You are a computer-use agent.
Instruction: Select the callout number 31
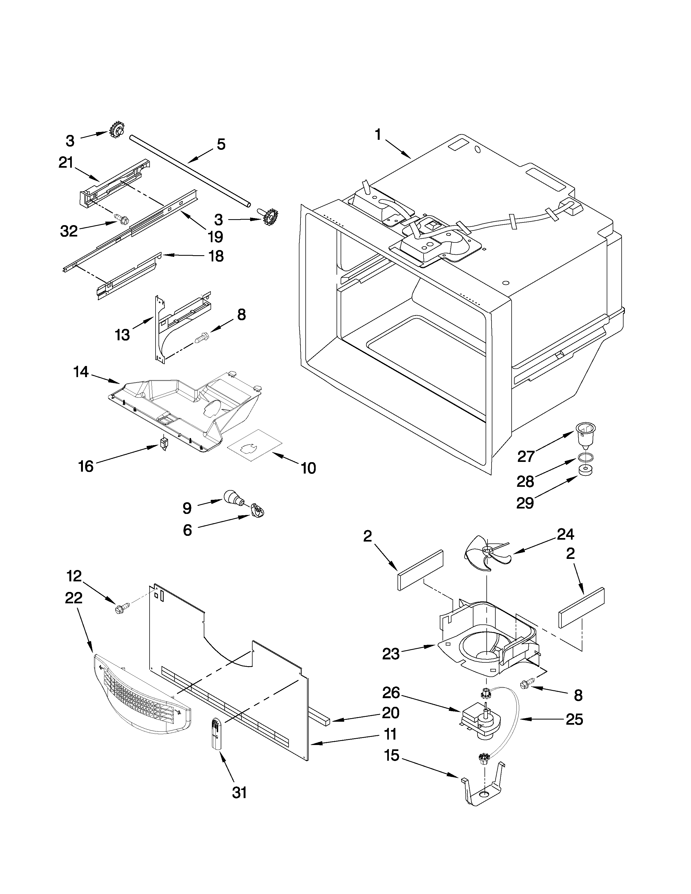240,793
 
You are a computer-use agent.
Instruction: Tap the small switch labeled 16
164,443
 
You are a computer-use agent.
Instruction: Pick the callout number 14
81,372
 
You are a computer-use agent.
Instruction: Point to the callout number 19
215,236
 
